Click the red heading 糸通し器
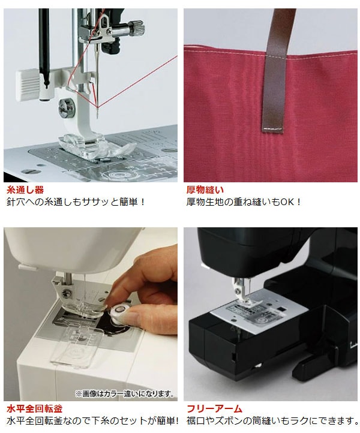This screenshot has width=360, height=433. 25,190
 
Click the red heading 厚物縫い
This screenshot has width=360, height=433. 205,190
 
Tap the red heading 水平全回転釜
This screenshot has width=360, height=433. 35,408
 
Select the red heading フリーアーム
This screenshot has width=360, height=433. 214,408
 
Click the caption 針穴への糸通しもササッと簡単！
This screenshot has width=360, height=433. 76,202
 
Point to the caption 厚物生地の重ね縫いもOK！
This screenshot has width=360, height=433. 244,202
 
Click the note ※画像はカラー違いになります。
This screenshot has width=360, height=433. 125,393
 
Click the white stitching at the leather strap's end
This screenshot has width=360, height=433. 273,129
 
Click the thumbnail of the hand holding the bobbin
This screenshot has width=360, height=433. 91,314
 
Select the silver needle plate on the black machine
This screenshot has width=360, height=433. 260,312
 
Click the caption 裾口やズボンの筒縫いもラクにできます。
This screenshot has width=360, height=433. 273,421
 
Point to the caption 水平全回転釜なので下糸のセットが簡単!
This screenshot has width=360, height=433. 92,421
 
